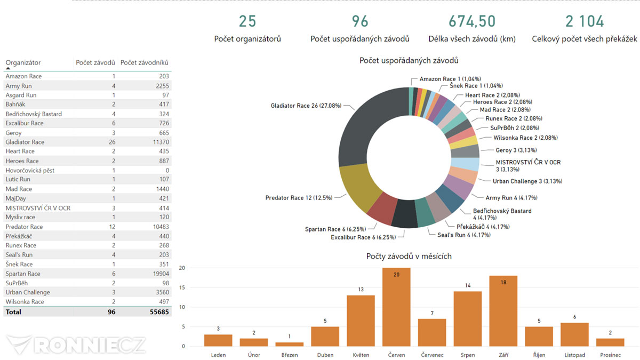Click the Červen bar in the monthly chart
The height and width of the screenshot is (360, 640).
click(x=396, y=307)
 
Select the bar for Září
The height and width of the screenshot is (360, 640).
click(x=503, y=311)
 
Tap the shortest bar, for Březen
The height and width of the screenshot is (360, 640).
click(x=290, y=345)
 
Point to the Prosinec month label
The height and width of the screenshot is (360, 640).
click(x=610, y=355)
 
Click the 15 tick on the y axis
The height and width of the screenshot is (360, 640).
click(x=182, y=287)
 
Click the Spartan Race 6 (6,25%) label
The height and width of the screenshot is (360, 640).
click(x=335, y=229)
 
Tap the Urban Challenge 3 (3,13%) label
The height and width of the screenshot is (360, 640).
click(x=527, y=181)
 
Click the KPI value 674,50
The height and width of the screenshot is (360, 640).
click(x=472, y=21)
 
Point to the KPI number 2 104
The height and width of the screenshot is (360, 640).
click(x=585, y=21)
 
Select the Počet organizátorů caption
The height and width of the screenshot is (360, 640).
click(x=247, y=39)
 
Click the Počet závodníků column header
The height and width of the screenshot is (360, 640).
click(x=145, y=62)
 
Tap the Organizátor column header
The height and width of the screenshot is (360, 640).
click(x=23, y=62)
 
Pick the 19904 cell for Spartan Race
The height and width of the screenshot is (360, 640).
click(x=161, y=274)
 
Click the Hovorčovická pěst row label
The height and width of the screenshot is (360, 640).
click(x=30, y=170)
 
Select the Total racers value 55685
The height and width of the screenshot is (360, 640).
click(x=159, y=312)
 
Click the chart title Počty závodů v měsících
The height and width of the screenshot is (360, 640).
click(x=409, y=256)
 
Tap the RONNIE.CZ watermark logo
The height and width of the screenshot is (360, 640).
click(x=76, y=345)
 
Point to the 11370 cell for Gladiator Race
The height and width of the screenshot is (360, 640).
click(x=161, y=142)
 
